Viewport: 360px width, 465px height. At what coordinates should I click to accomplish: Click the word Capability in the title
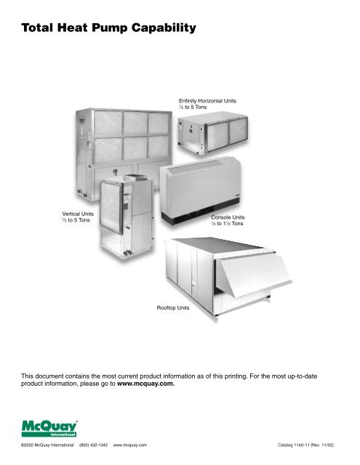pos(164,28)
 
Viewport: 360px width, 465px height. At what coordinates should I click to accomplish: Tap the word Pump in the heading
pos(110,28)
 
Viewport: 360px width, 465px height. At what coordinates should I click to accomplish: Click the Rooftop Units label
pos(173,308)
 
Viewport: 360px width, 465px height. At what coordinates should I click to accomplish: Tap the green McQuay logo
pos(49,429)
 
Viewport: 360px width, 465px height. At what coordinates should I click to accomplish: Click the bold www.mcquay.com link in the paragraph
pos(145,384)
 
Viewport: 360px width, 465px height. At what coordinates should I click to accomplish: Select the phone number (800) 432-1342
pos(94,445)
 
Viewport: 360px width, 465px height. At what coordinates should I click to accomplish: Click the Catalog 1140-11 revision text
pos(305,445)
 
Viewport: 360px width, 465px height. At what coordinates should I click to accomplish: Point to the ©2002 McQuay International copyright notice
pos(47,445)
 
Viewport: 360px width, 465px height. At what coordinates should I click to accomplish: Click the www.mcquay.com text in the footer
pos(130,445)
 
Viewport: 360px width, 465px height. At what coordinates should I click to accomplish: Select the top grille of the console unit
pos(194,166)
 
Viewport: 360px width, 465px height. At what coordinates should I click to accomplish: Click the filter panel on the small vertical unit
pos(111,208)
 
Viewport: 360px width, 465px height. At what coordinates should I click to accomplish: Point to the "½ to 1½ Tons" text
pos(227,224)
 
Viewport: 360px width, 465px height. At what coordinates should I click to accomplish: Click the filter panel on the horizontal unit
pos(228,135)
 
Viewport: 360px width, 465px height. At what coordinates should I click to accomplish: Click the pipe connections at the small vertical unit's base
pos(128,253)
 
